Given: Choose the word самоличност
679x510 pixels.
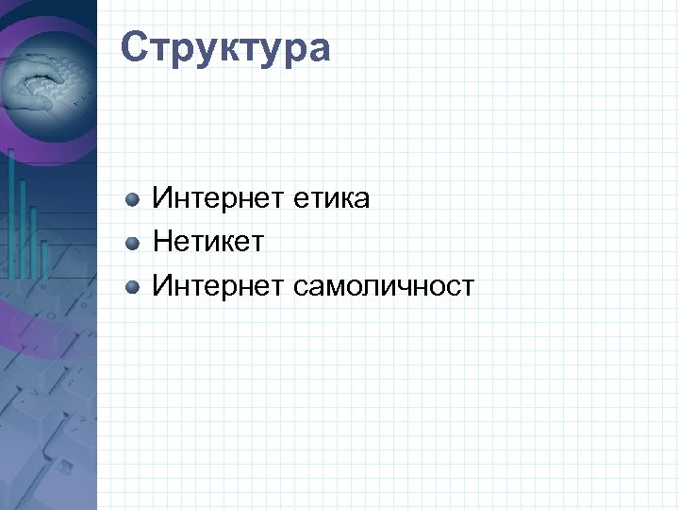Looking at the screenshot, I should [x=385, y=284].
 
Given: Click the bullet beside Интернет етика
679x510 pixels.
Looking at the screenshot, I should [x=134, y=199].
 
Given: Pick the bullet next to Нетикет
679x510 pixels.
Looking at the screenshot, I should [x=134, y=243].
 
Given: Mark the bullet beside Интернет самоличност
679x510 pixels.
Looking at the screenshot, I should [x=134, y=285].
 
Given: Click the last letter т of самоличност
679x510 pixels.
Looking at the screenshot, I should [x=467, y=284].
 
